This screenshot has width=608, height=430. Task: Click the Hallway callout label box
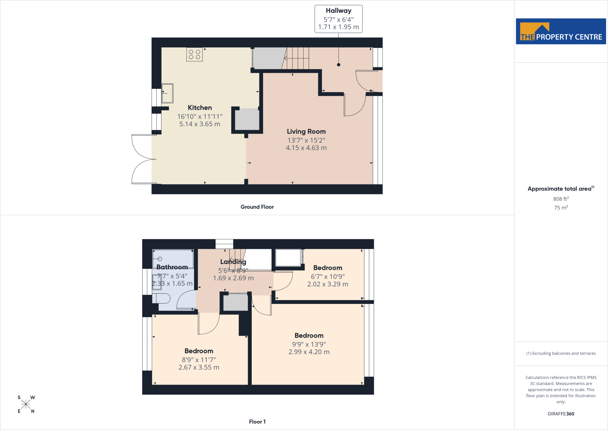coord(338,19)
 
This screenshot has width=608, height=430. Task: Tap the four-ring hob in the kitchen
coord(194,54)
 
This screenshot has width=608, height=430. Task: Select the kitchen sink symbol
coord(167,93)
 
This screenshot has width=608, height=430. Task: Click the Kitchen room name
coord(200,107)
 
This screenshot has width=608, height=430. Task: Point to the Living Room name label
coord(306,132)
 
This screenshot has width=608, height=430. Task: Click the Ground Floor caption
coord(257,207)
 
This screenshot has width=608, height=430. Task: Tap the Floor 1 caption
coord(257,421)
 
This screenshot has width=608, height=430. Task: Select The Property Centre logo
coord(561,31)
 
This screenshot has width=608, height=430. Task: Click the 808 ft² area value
coord(561,199)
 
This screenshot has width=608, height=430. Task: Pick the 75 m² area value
coord(561,207)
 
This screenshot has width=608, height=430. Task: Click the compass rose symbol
coord(26,404)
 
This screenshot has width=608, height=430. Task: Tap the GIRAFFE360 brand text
coord(561,414)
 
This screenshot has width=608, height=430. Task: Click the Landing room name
coord(233,262)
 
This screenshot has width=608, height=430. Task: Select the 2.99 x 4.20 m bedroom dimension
coord(309,352)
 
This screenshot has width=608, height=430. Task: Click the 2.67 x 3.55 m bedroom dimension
coord(199,367)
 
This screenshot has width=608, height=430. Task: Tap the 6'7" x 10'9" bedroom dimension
coord(328,276)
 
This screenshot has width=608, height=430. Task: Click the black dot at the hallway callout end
coord(338,65)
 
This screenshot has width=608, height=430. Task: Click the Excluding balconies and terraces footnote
coord(561,353)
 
